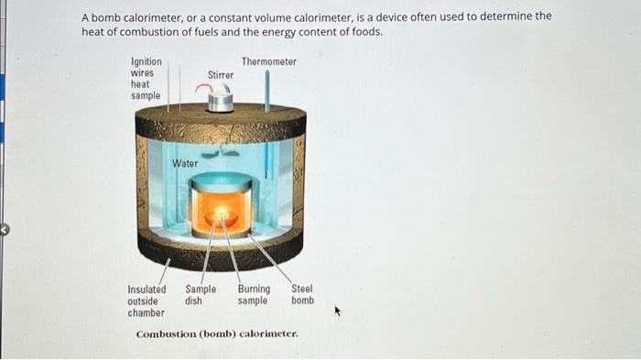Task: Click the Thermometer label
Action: (x=268, y=61)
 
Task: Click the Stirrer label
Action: (x=220, y=74)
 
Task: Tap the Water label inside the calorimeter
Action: (x=185, y=163)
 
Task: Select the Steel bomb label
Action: (x=302, y=295)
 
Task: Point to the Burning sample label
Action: (x=254, y=295)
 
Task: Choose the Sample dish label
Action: (x=201, y=295)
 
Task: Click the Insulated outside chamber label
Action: (x=147, y=300)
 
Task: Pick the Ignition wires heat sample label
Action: (x=147, y=79)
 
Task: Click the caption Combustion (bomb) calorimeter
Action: (x=217, y=334)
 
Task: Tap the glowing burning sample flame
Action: (x=221, y=217)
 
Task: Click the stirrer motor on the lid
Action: (x=220, y=100)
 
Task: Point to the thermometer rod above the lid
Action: (x=266, y=90)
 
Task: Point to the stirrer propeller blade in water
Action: (x=223, y=154)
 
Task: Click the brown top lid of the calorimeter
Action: (x=221, y=121)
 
